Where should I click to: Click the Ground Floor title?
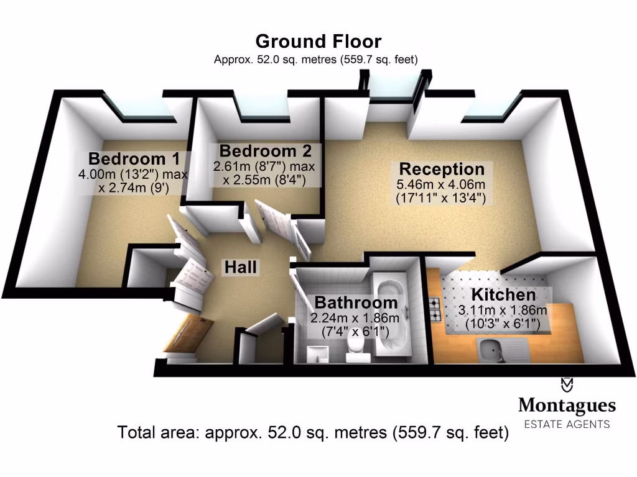point(318,42)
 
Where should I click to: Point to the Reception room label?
point(442,169)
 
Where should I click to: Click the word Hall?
point(240,268)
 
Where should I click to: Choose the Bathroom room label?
point(356,303)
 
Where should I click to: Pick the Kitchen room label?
point(503,295)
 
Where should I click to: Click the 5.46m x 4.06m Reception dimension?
point(441,185)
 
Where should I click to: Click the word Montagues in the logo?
point(567,407)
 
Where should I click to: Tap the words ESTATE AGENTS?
point(567,424)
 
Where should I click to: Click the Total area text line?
point(313,432)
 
